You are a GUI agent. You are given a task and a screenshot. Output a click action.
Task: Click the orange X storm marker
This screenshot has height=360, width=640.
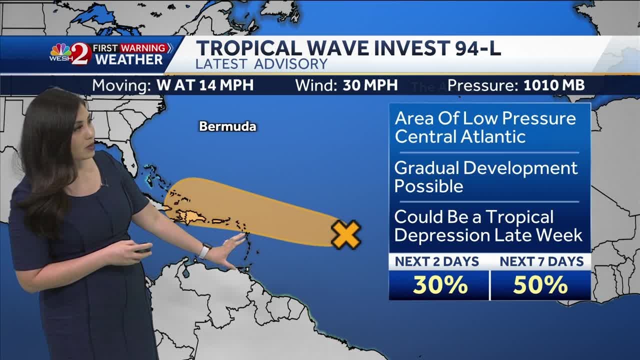[346, 234]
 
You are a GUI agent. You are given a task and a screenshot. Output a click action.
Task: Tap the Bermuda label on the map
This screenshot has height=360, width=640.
[227, 126]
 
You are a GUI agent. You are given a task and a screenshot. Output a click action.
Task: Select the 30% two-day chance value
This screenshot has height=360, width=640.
[440, 285]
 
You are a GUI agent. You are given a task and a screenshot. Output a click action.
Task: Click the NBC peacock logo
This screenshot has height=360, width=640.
[60, 50]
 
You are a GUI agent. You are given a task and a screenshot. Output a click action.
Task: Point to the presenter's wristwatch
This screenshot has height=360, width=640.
[205, 250]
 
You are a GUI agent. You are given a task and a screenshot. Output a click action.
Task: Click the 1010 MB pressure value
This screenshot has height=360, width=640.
[554, 85]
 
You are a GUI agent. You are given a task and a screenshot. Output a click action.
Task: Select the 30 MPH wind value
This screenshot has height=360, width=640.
[370, 85]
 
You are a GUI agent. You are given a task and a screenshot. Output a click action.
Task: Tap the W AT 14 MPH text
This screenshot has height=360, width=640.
[205, 85]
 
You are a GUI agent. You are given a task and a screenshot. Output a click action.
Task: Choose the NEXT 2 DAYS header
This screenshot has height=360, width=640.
[437, 261]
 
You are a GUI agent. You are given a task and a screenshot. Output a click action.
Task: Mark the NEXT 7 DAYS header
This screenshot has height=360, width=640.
[541, 261]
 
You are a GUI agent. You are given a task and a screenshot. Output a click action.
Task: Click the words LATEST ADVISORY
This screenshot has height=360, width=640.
[261, 64]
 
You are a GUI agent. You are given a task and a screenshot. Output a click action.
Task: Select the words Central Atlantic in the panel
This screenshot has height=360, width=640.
[460, 136]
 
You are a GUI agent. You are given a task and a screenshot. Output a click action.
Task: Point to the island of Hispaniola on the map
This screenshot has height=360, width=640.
[192, 217]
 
